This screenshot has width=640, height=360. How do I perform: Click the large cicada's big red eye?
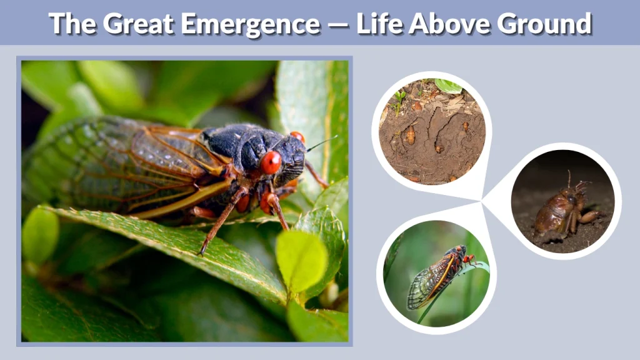(x=271, y=162)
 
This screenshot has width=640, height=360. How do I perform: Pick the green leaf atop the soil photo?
(x=448, y=86)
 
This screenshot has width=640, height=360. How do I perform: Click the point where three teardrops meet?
(x=482, y=201)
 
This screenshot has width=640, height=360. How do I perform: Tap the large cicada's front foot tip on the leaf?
(x=202, y=252)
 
